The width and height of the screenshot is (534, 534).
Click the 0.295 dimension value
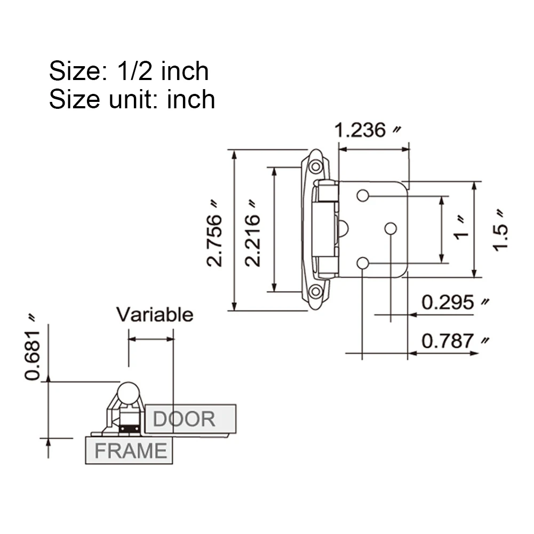[x=448, y=302]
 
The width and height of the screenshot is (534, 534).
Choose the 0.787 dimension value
[x=448, y=341]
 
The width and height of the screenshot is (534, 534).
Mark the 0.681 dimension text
[x=33, y=355]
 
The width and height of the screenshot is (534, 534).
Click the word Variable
[x=155, y=315]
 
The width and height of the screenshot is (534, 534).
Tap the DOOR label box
[x=190, y=419]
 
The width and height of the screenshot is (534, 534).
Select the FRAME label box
[x=129, y=451]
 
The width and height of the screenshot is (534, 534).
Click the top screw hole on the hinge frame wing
[x=316, y=167]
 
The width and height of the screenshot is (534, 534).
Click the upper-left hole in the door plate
[x=363, y=196]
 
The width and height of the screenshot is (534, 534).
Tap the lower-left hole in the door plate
[x=363, y=263]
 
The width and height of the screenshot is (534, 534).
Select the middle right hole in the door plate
[x=390, y=228]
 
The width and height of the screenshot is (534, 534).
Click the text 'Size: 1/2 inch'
[x=129, y=71]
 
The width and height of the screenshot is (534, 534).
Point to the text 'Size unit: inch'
[x=132, y=99]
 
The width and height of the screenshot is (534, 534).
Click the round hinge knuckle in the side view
[x=129, y=393]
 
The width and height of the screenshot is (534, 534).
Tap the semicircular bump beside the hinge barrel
[x=342, y=229]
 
